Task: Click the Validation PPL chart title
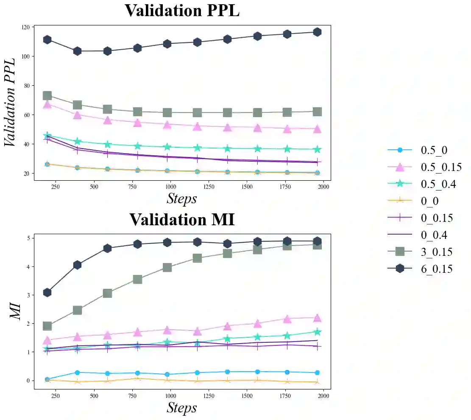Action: pos(182,11)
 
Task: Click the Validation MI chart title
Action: pos(182,220)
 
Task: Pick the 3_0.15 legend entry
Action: pos(436,252)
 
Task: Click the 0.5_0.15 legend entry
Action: pos(440,167)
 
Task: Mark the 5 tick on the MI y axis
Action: pos(28,238)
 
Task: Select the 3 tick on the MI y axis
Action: pos(28,295)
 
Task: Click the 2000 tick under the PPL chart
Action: pos(323,186)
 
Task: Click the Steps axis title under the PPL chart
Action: pos(182,198)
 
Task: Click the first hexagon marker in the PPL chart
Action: pos(47,39)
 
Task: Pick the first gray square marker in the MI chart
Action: pos(47,326)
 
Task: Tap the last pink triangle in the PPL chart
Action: pos(317,129)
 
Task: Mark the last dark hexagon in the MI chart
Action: pos(317,241)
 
